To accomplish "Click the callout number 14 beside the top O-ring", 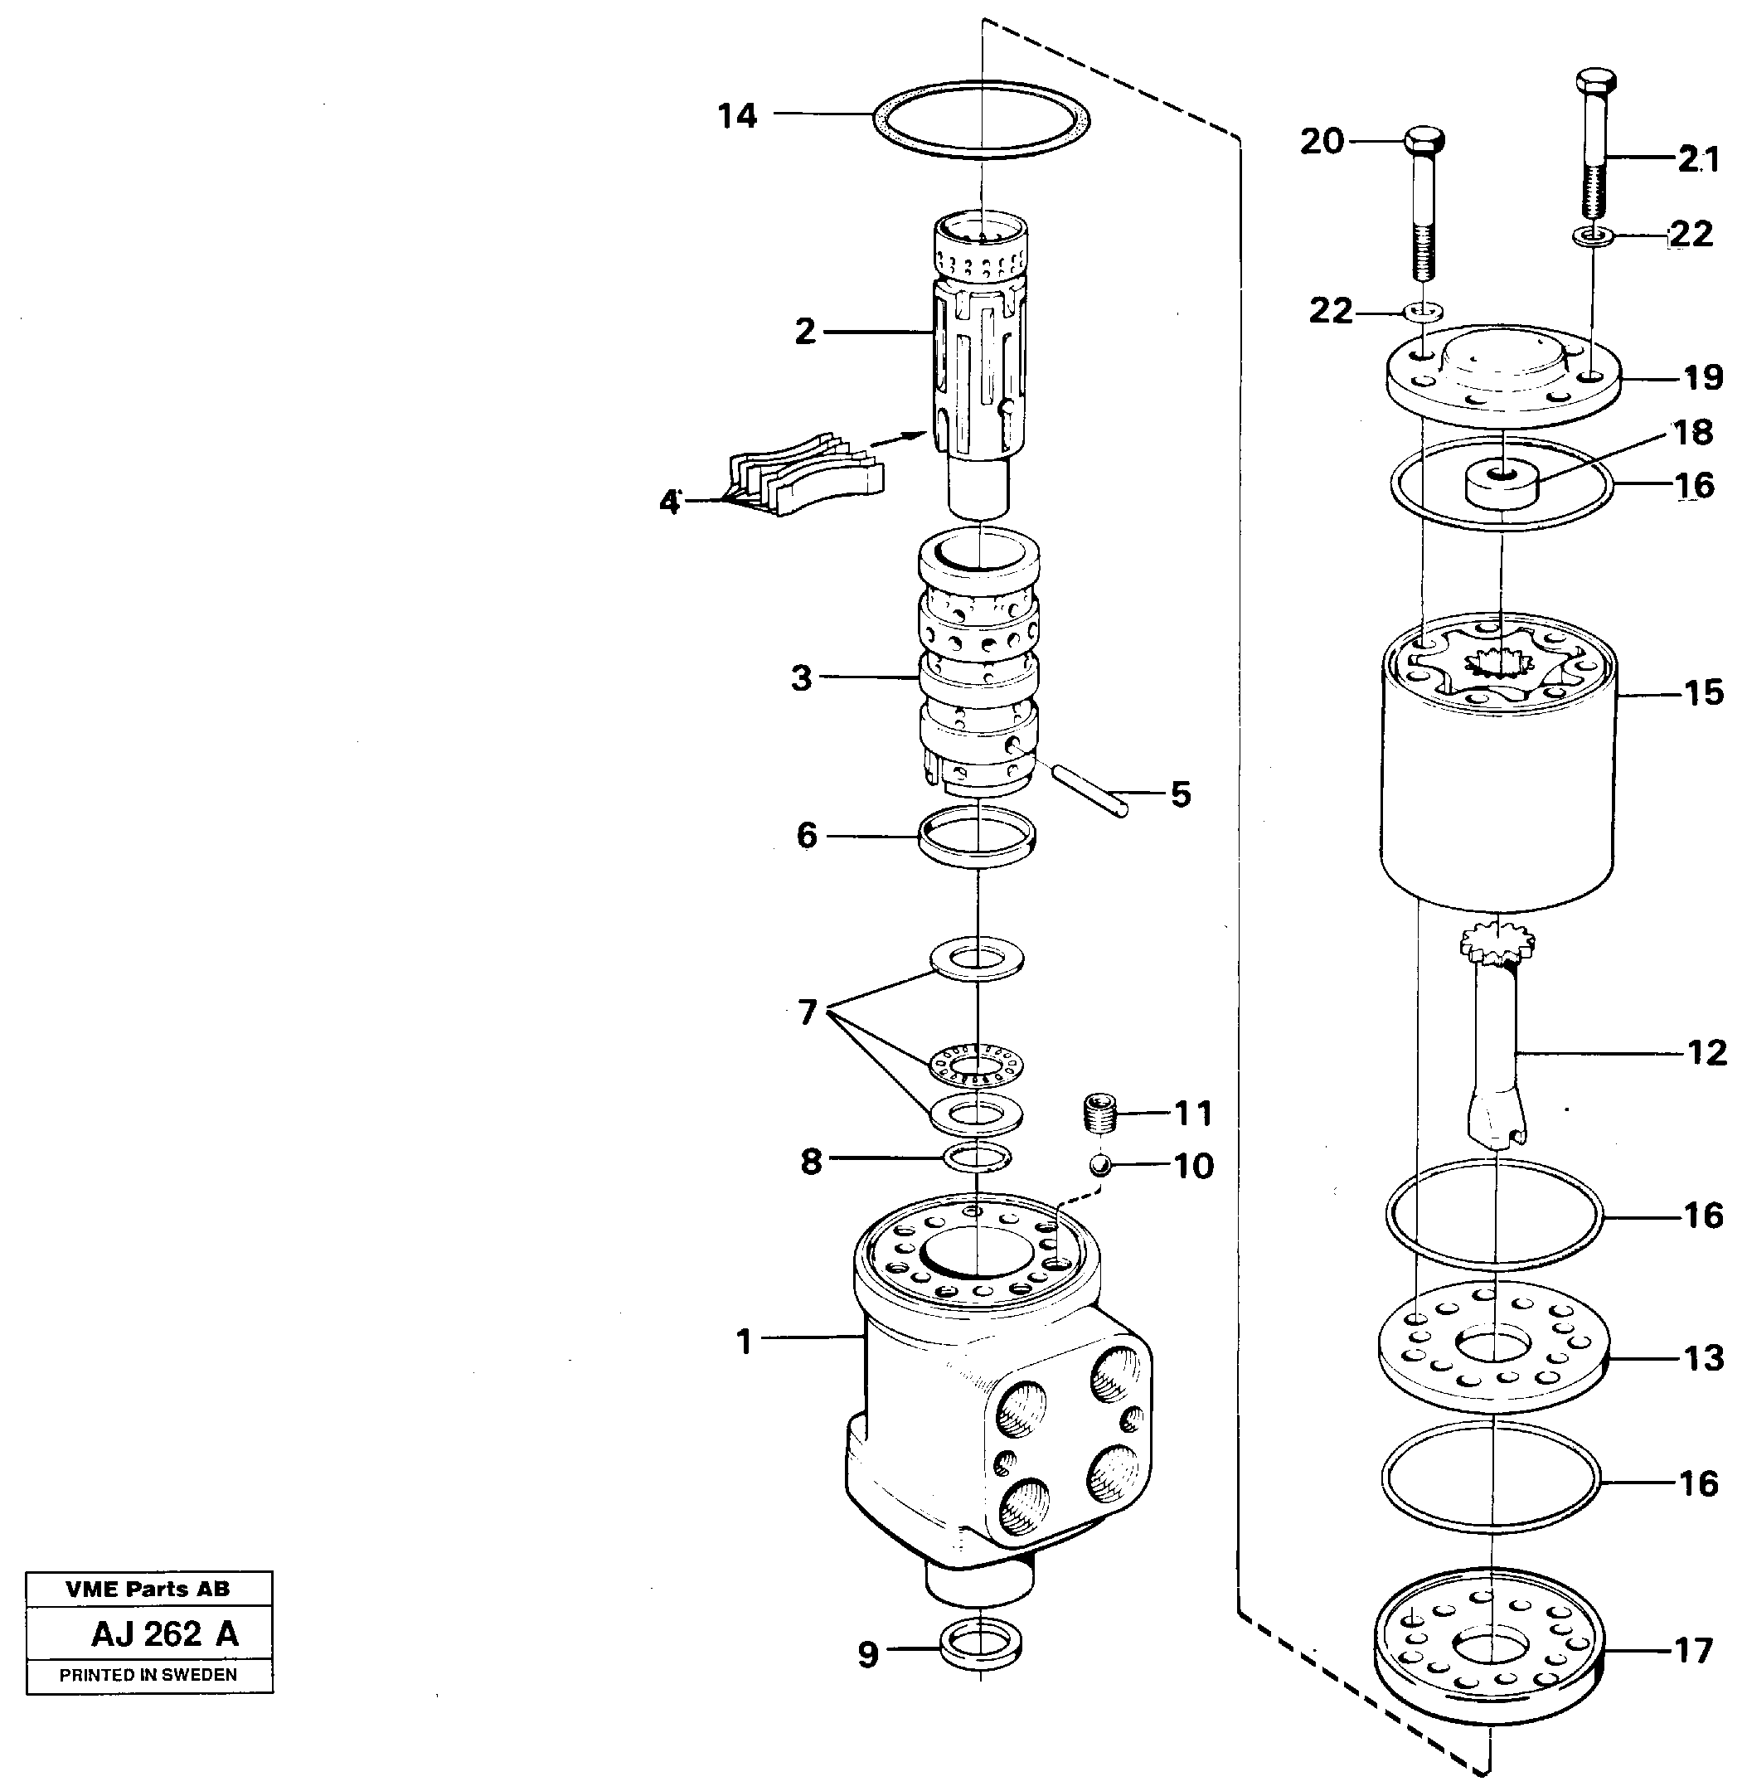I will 737,117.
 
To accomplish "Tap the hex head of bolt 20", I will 1423,143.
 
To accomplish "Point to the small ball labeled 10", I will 1100,1165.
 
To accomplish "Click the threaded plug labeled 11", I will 1098,1112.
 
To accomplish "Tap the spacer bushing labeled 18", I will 1501,484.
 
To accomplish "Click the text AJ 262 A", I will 164,1634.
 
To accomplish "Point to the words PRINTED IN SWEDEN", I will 148,1674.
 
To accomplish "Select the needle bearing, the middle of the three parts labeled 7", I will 978,1065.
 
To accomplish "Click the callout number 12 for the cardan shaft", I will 1706,1052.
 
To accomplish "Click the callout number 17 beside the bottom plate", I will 1694,1651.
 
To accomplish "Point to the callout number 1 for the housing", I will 744,1342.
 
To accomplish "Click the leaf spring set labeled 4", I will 807,473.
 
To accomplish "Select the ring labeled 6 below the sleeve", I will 978,835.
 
